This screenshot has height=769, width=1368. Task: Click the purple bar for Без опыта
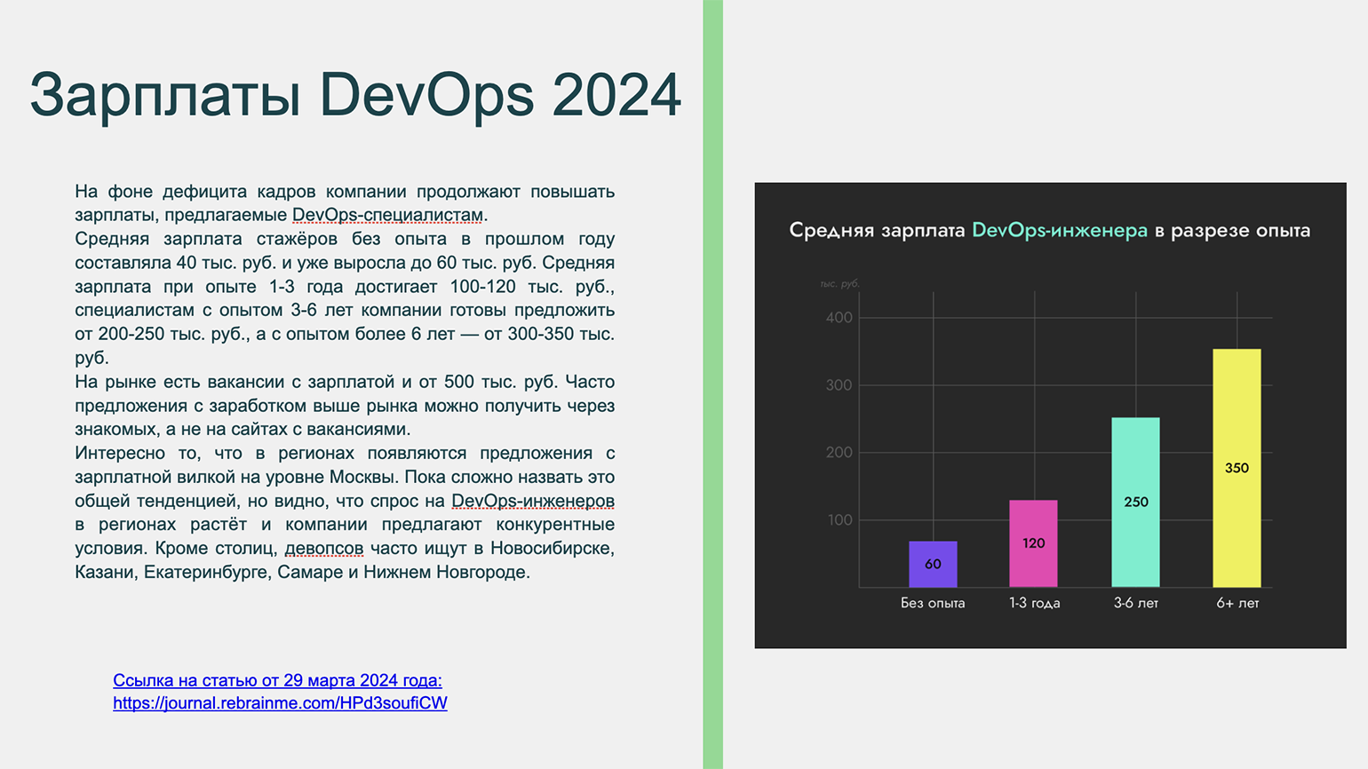point(933,564)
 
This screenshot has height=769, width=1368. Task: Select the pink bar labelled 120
point(1033,543)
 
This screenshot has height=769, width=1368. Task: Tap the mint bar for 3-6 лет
point(1135,503)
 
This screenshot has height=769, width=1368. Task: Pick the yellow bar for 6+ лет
point(1237,468)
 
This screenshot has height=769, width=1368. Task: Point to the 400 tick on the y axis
point(839,317)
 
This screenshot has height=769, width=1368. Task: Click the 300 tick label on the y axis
point(839,385)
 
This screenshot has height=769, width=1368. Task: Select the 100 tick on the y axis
point(839,520)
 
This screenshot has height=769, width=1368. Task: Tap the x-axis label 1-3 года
point(1035,603)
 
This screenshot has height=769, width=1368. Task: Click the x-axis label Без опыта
point(933,603)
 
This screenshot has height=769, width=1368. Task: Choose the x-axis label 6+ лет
point(1237,603)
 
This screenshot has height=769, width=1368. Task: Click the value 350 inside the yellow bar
point(1237,468)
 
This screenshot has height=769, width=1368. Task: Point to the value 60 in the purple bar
point(933,564)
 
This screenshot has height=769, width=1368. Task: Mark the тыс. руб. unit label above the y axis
point(839,284)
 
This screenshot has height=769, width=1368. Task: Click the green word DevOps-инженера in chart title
point(1060,230)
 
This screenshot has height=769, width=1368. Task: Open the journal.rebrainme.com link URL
point(281,703)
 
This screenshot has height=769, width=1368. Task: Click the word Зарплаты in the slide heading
point(165,95)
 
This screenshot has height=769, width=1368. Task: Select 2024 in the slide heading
point(616,95)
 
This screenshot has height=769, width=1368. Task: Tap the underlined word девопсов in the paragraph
point(324,548)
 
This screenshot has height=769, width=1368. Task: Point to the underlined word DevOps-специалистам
point(388,215)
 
